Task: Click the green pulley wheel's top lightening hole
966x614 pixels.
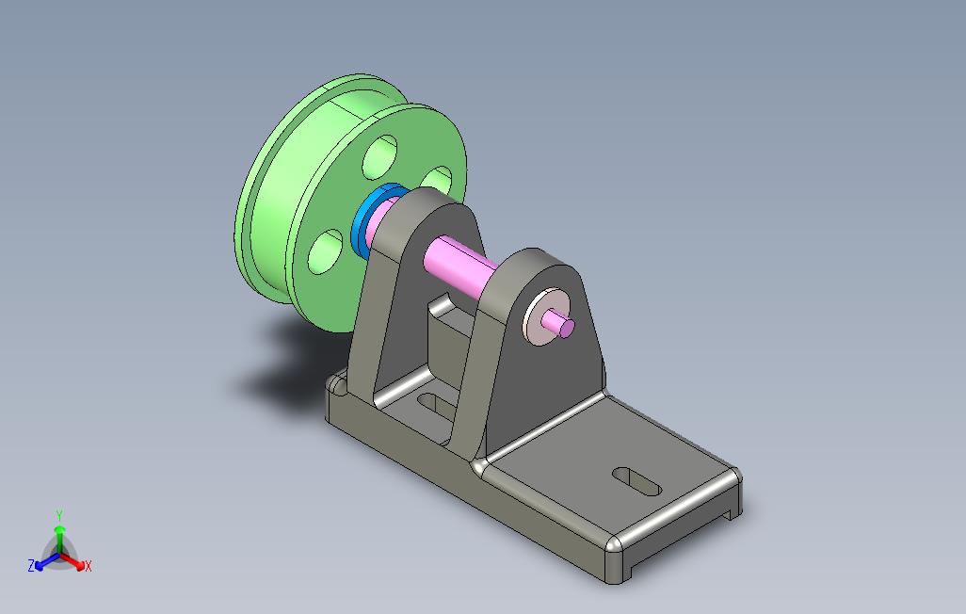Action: (379, 157)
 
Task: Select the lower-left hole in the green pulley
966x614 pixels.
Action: (325, 251)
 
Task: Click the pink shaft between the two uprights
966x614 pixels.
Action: (460, 262)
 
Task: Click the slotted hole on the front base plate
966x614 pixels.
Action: (636, 481)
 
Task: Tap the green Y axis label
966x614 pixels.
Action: (59, 515)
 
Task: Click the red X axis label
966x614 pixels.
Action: (89, 566)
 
